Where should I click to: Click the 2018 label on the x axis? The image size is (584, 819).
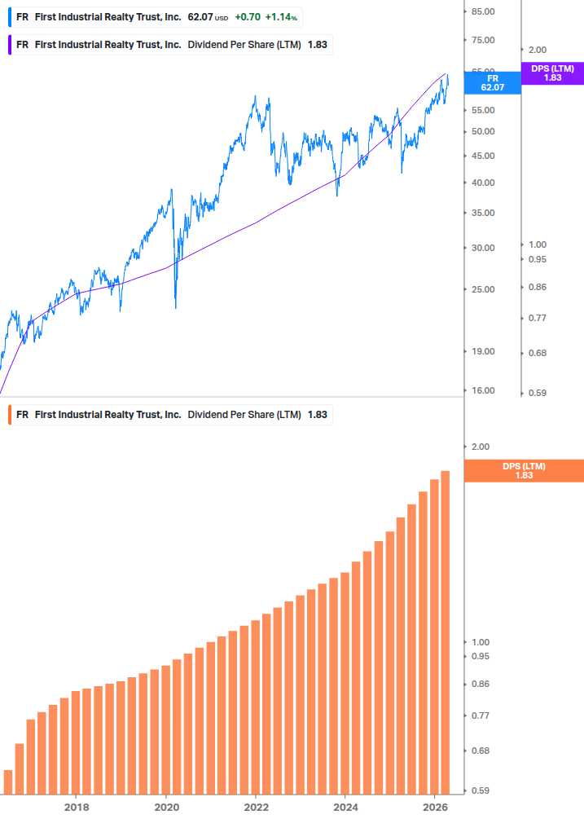tap(77, 807)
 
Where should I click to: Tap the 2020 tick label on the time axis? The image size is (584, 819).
tap(166, 807)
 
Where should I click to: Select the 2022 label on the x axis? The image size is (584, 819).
tap(256, 807)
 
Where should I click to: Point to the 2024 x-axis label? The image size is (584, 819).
tap(345, 807)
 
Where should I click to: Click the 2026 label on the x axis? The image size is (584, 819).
tap(435, 807)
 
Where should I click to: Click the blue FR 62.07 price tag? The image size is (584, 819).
tap(492, 82)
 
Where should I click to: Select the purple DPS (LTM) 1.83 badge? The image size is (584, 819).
tap(552, 73)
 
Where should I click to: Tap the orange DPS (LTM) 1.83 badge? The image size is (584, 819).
tap(524, 470)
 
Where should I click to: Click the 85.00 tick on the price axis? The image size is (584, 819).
tap(483, 11)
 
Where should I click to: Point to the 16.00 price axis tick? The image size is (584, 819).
tap(483, 390)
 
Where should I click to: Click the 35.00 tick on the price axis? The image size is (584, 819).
tap(483, 213)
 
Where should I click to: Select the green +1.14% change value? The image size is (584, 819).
tap(281, 17)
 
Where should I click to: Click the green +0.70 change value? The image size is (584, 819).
tap(247, 17)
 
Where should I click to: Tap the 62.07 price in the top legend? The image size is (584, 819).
tap(200, 17)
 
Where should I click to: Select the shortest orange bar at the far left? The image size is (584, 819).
tap(8, 782)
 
